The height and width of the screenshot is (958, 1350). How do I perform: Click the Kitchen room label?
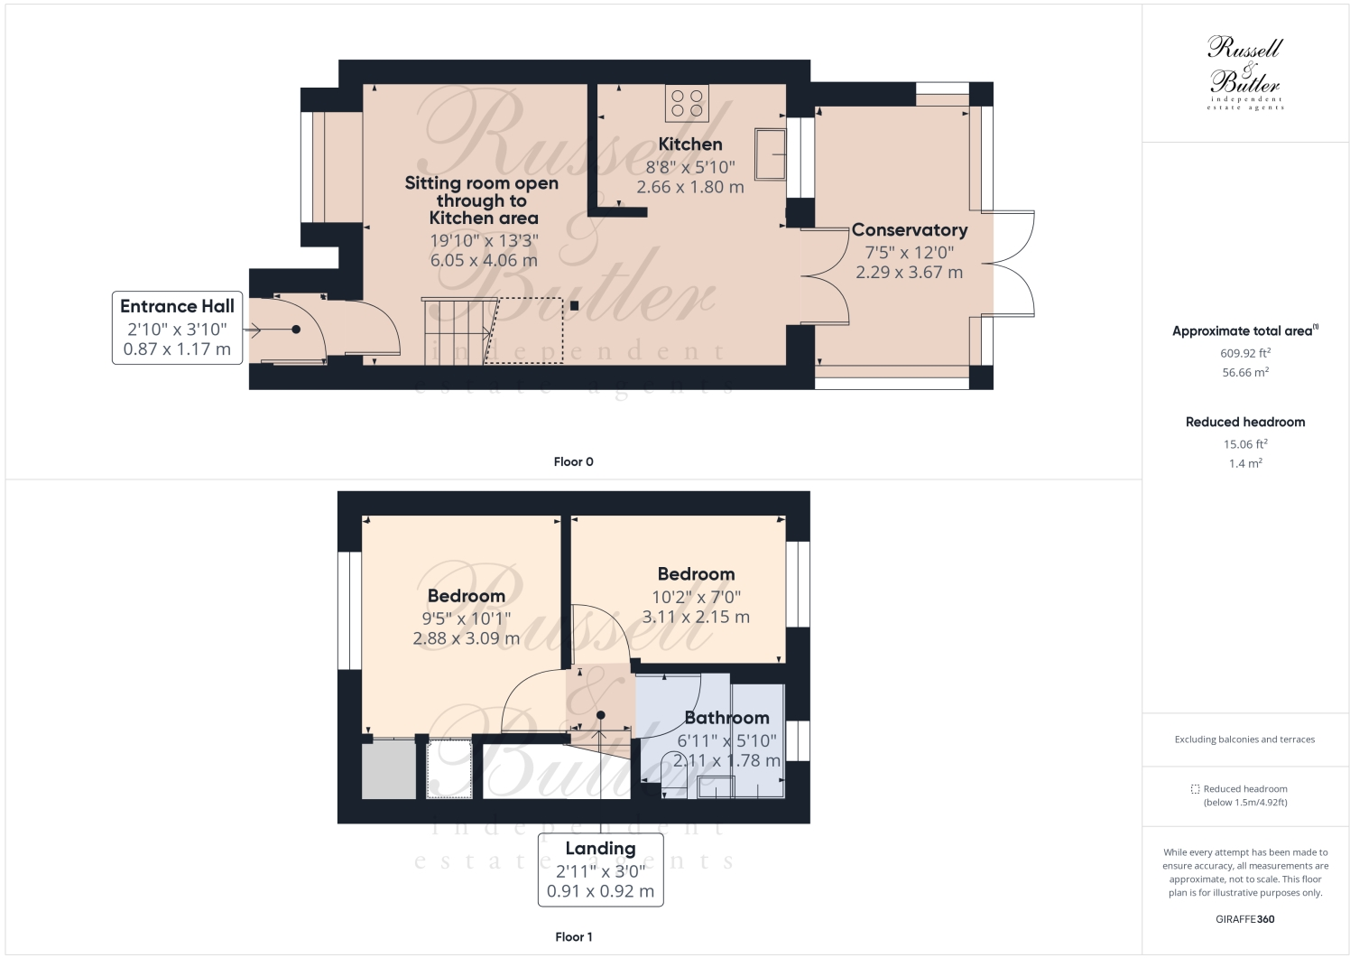coord(689,144)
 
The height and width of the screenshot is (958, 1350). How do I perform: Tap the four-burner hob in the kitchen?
coord(687,103)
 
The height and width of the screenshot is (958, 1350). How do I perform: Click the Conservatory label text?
coord(909,230)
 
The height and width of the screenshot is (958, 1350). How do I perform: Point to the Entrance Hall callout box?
coord(177,328)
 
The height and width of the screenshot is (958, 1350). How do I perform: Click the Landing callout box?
coord(600,869)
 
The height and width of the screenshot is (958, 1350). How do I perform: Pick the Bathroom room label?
coord(726,718)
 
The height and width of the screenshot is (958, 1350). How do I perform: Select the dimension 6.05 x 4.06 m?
coord(484,260)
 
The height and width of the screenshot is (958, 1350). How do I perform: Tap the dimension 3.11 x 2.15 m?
coord(696,618)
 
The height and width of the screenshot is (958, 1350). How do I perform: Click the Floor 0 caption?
coord(573,461)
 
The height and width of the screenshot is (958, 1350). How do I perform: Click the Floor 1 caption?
coord(573,936)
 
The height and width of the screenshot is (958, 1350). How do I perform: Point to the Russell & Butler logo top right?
coord(1245,72)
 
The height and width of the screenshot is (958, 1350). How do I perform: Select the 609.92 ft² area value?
coord(1245,354)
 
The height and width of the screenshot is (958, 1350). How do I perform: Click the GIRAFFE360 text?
coord(1245,919)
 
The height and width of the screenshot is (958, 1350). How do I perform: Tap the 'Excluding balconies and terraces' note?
coord(1244,739)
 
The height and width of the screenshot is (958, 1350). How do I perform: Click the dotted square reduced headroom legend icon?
coord(1195,788)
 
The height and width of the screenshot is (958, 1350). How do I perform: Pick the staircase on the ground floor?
coord(456,330)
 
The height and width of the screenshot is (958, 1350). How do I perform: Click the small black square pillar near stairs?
coord(575,305)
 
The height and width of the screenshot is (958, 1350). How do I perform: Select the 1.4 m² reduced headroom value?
coord(1245,463)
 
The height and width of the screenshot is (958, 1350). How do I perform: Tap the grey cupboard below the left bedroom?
coord(389,770)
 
